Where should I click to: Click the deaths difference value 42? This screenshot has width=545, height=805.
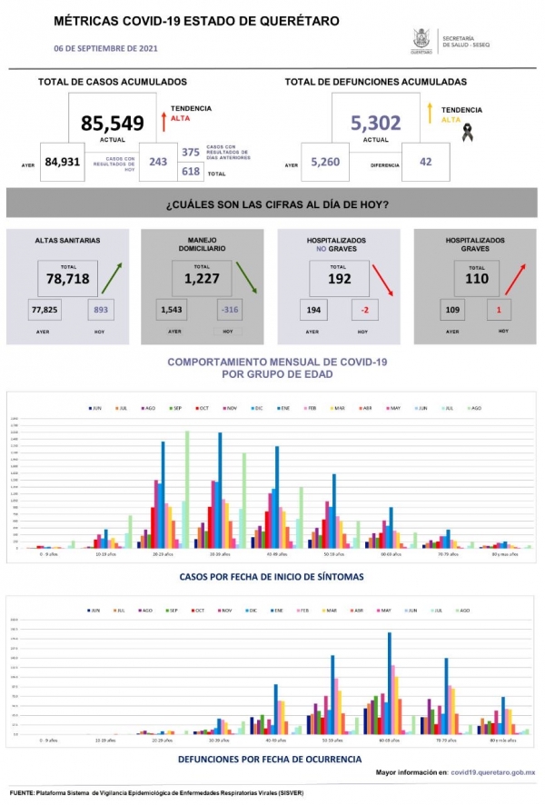tap(426, 164)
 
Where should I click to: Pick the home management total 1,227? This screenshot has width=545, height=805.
tap(202, 279)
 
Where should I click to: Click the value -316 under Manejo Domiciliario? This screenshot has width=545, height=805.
tap(229, 311)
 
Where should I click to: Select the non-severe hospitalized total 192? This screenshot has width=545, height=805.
tap(339, 279)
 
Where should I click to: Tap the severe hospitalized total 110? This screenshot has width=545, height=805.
tap(476, 279)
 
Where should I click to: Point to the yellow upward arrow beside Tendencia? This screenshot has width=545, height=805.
tap(429, 114)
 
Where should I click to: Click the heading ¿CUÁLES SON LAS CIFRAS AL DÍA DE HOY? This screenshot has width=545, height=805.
tap(277, 204)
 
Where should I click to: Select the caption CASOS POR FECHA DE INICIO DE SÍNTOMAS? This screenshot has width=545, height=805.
tap(272, 576)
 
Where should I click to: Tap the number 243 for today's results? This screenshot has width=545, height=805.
tap(158, 163)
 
